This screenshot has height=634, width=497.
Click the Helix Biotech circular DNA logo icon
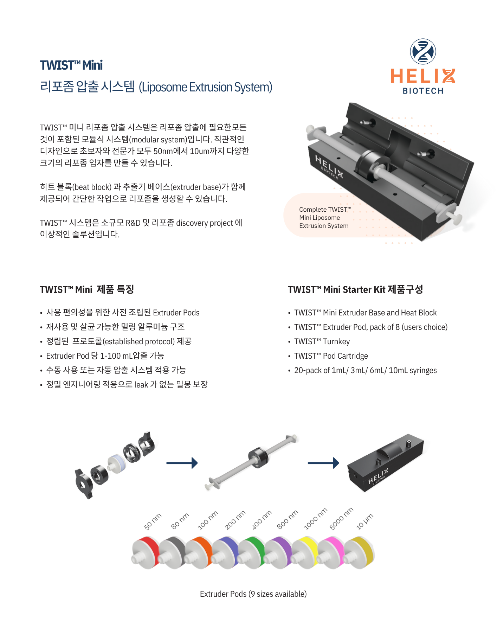(423, 51)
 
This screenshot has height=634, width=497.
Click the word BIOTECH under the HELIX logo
(423, 91)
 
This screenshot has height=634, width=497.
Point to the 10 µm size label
(364, 521)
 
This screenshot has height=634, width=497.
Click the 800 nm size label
(287, 519)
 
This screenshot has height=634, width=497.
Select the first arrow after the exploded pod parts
(182, 463)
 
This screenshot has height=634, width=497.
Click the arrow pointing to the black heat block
(323, 463)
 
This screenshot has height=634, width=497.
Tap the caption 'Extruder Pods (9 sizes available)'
(253, 594)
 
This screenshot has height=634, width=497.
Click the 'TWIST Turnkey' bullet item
(322, 341)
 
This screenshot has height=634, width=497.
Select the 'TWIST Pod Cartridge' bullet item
(331, 356)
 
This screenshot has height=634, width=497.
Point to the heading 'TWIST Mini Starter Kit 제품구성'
(355, 289)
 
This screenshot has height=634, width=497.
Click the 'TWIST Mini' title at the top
(71, 65)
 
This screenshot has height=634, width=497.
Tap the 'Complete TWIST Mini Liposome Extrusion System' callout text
(325, 218)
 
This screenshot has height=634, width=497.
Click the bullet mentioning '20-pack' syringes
(366, 370)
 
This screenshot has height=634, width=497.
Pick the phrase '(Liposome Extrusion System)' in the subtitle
(206, 87)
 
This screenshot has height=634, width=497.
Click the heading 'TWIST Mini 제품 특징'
(87, 289)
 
